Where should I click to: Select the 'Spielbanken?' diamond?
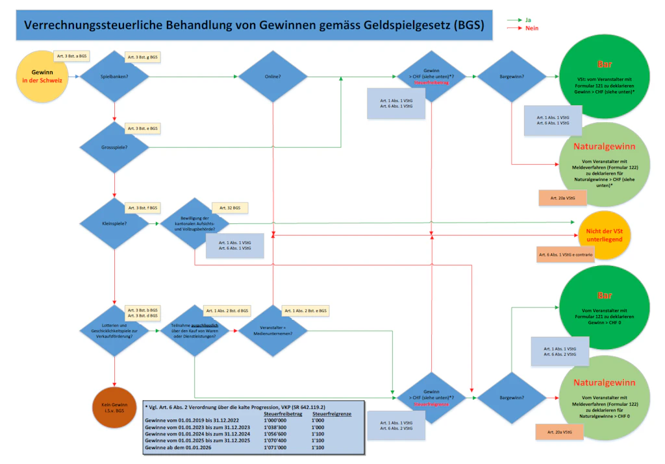[114, 77]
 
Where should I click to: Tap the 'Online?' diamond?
[273, 77]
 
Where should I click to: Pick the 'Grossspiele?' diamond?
[114, 147]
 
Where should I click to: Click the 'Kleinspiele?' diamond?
[114, 224]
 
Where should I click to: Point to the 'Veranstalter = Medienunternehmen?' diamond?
[273, 331]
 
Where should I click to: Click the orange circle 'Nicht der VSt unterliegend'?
[605, 236]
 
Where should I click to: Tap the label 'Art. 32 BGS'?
[231, 208]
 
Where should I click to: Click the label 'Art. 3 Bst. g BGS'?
[143, 57]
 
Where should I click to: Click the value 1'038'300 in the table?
[277, 428]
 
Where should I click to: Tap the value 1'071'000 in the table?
[277, 448]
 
